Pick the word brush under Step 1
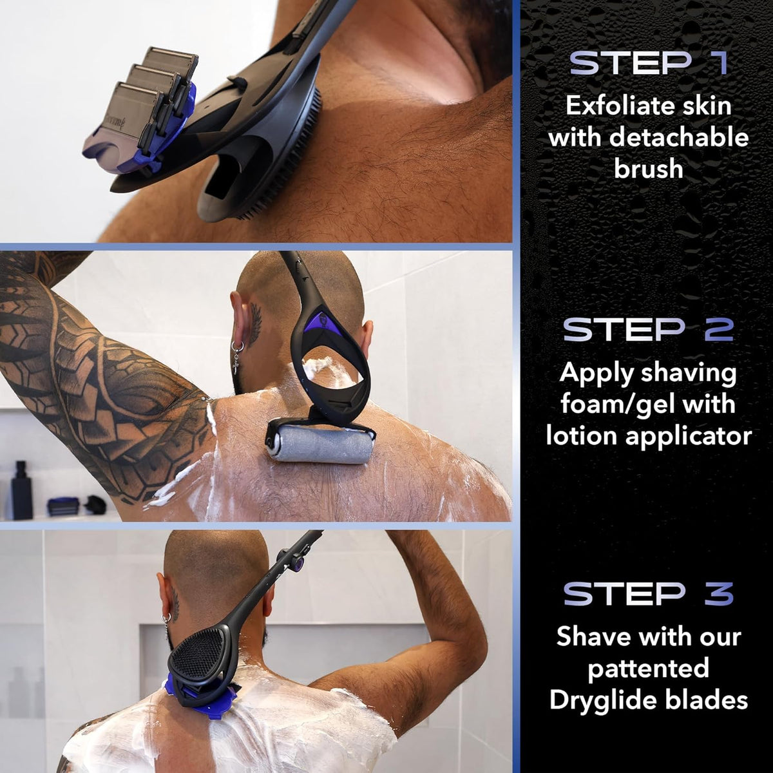tap(648, 168)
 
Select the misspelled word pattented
tap(648, 668)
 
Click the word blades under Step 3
tap(707, 700)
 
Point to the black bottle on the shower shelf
tap(21, 490)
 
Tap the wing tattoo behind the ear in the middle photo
tap(254, 325)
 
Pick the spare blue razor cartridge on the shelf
tap(62, 506)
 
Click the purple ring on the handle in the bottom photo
tap(298, 566)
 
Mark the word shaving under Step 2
tap(689, 373)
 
